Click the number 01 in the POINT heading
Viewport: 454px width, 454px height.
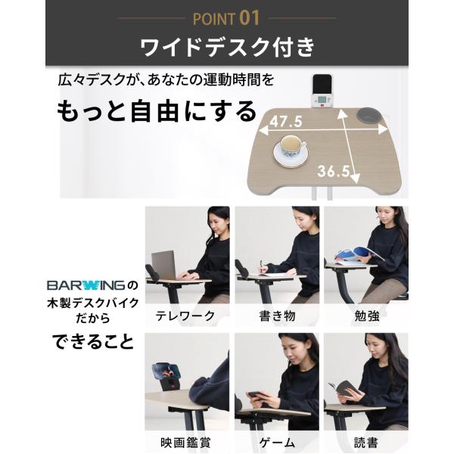pos(249,18)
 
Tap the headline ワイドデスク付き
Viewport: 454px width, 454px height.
pos(227,47)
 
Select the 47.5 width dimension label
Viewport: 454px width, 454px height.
pos(286,122)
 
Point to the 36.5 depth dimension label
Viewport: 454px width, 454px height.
pos(334,171)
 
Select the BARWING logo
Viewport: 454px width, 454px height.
pos(86,285)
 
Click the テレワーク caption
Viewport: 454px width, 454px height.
pos(185,316)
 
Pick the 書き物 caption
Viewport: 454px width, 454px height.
pos(277,316)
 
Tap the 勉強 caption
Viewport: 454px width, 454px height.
pos(367,316)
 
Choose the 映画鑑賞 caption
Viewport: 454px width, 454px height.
pos(185,443)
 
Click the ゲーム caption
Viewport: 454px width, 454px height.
pos(277,443)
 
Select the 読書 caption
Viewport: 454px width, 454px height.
pos(366,443)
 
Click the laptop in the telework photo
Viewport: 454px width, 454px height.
pos(164,266)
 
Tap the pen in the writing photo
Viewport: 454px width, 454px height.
pos(263,266)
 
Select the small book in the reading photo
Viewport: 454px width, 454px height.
pos(344,389)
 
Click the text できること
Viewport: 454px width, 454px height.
pos(94,341)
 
